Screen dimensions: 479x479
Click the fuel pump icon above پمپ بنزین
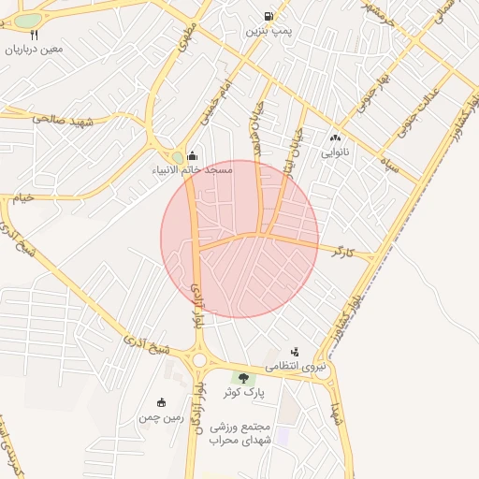coord(269,16)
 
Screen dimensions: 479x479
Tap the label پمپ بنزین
coord(269,31)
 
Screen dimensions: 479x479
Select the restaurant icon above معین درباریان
coord(34,35)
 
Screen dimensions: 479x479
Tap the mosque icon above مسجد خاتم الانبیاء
coord(193,156)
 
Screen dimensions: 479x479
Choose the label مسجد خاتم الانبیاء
coord(193,171)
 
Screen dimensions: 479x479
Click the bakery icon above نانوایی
coord(334,137)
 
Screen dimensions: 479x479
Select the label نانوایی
coord(334,151)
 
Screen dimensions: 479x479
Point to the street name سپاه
coord(390,169)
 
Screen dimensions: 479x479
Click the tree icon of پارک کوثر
coord(244,378)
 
